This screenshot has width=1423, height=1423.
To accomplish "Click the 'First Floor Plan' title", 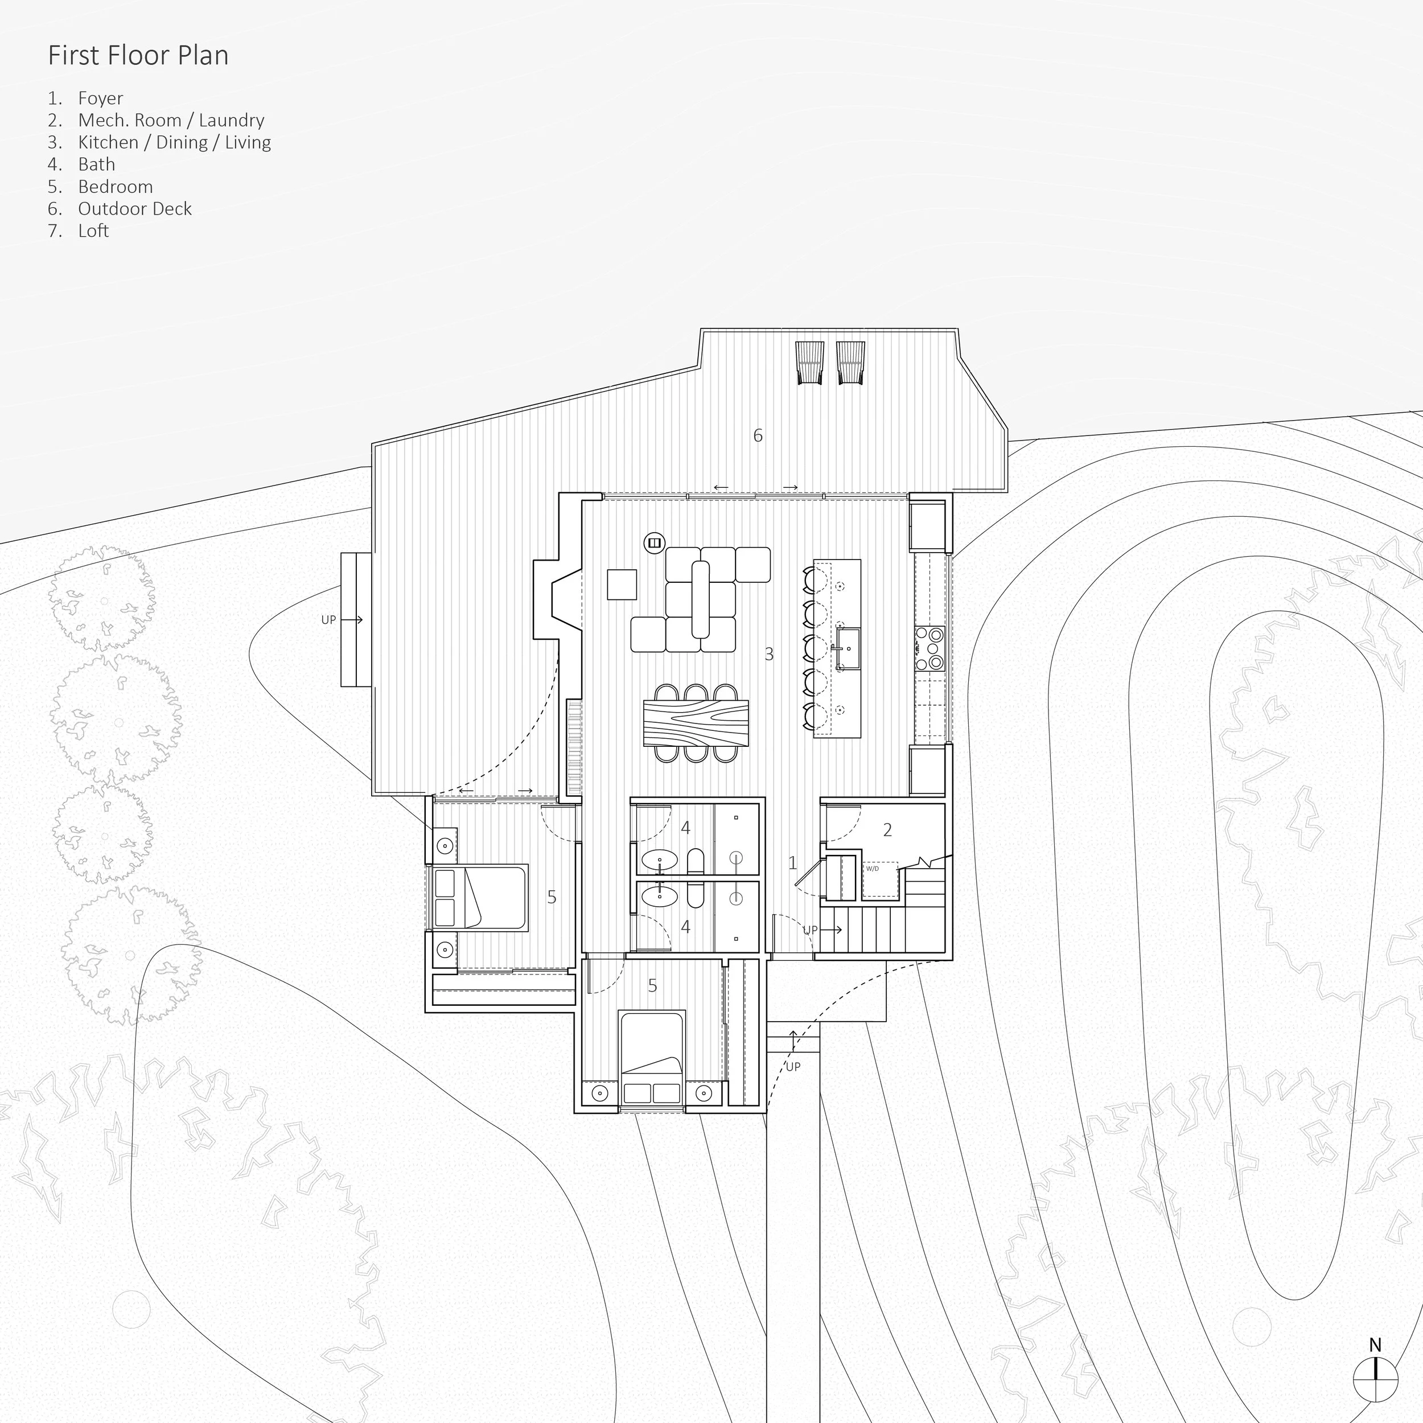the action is click(x=138, y=56).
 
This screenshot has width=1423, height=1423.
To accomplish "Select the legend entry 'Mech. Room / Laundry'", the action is click(x=171, y=120).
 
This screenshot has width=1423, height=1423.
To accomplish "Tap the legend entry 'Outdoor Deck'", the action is click(x=135, y=208).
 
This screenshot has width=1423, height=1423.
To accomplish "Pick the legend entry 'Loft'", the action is click(x=93, y=231).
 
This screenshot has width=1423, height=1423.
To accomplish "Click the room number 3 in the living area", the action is click(x=769, y=653).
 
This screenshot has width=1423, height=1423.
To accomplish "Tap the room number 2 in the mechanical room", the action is click(x=887, y=830).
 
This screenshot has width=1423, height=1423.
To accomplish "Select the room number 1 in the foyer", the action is click(x=792, y=862).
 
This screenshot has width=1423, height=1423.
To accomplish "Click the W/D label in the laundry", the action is click(x=872, y=869).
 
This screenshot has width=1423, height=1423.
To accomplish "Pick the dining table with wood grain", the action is click(x=696, y=723).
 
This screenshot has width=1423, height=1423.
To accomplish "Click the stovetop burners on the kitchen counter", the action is click(x=930, y=648).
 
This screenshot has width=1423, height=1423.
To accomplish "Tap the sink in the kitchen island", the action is click(x=849, y=648).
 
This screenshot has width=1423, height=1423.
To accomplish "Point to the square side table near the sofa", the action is click(x=622, y=585).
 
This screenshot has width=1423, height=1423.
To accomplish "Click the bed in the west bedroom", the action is click(x=479, y=898).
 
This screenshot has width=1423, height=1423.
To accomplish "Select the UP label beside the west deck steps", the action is click(x=328, y=620).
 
